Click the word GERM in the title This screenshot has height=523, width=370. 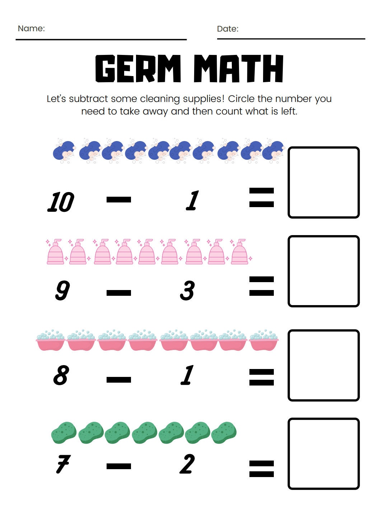pos(138,69)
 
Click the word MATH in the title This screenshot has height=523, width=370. pos(238,69)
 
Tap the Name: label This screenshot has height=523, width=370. pos(31,28)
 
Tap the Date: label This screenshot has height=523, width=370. pos(228,29)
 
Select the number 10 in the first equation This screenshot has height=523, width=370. pos(61,202)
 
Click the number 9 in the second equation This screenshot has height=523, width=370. pos(62,290)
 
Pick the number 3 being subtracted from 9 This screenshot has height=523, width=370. pos(187,290)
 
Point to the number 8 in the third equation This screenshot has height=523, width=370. pos(61,375)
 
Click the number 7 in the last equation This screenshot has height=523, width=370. pos(63,464)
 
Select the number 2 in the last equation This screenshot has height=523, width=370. pos(187,464)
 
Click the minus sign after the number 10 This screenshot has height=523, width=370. pos(119,200)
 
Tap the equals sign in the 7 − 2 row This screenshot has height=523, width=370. pos(261,468)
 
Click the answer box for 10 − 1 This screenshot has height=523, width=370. pos(323,182)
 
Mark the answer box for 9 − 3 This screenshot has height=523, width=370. pos(323,271)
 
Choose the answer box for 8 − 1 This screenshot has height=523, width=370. pos(323,365)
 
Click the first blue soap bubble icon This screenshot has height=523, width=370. pos(64,151)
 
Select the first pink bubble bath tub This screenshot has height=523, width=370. pos(51,340)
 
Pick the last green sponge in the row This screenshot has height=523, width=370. pos(224,432)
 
